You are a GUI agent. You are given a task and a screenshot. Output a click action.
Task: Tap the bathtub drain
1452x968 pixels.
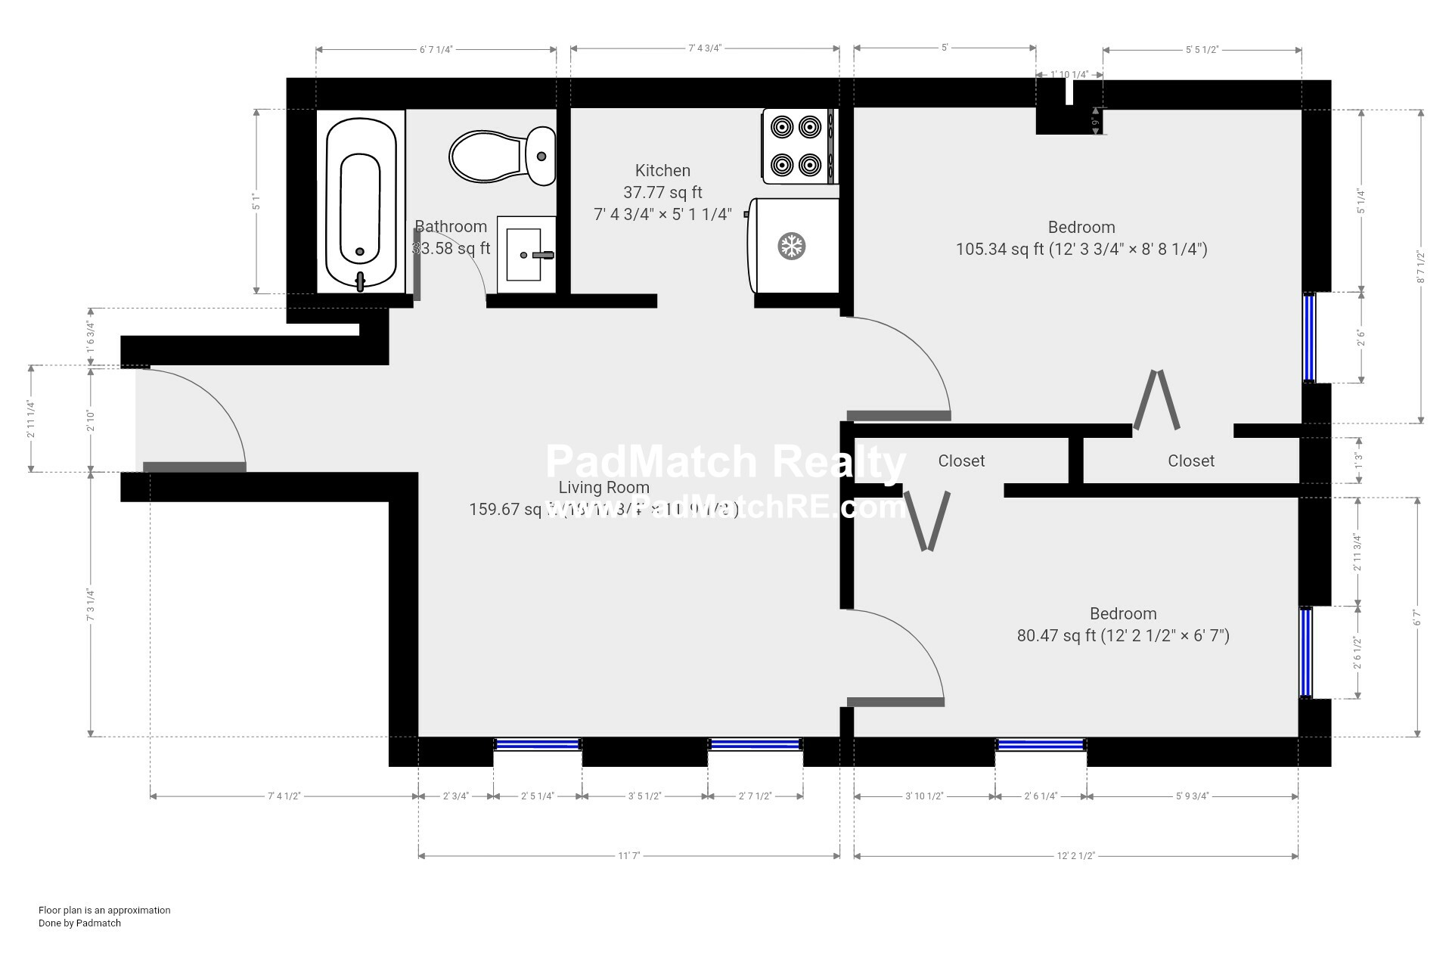360,252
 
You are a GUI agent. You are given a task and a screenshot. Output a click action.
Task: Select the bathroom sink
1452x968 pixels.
523,255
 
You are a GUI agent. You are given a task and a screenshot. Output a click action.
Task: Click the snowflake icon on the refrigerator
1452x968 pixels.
792,246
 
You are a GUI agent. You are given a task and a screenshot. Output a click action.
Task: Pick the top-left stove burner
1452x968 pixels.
782,126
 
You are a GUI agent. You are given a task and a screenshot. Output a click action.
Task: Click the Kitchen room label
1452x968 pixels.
662,171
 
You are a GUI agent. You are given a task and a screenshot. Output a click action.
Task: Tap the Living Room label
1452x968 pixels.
603,488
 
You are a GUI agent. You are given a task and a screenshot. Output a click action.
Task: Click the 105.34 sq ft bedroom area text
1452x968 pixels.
1081,249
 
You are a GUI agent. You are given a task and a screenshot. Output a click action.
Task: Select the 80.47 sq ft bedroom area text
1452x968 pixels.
1122,635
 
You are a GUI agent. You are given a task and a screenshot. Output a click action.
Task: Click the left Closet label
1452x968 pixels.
961,461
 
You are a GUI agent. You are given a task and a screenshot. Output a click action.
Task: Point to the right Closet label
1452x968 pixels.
1190,461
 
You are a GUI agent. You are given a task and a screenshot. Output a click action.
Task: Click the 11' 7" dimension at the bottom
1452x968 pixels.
628,856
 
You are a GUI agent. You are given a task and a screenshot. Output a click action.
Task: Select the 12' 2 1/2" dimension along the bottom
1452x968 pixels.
1075,856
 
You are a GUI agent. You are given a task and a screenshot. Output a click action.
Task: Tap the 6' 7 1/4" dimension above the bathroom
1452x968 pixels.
436,50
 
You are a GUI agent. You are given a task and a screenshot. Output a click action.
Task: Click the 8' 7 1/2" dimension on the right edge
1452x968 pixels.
1421,267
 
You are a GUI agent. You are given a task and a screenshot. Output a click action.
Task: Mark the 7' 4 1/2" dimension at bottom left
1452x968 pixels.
284,796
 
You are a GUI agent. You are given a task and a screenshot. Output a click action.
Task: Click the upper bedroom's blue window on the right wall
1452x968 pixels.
1309,337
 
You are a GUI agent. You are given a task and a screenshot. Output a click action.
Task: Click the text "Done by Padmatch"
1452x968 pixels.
79,923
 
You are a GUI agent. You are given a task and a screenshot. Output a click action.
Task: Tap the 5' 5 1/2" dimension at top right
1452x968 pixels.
1201,50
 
